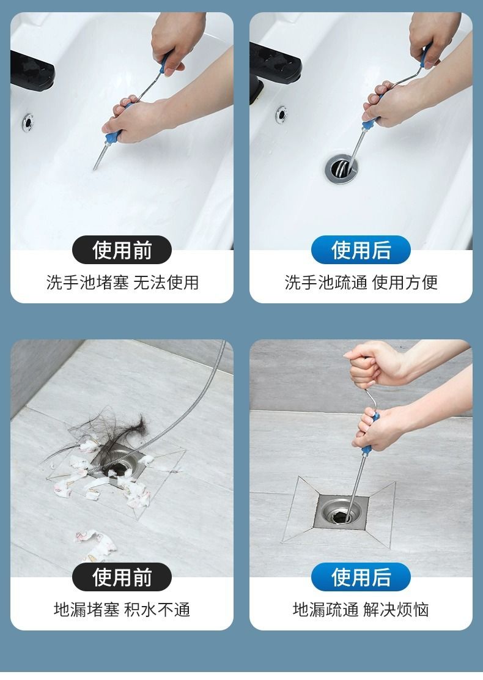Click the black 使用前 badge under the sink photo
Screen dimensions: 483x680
(x=122, y=249)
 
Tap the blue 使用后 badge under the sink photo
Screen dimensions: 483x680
(x=361, y=249)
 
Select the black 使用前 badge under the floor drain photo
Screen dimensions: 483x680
(x=122, y=577)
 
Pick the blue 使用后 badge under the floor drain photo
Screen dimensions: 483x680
(x=361, y=577)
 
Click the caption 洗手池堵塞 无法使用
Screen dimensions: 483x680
(x=122, y=283)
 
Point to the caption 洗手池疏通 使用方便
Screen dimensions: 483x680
(x=361, y=283)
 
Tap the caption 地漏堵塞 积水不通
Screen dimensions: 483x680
(x=122, y=609)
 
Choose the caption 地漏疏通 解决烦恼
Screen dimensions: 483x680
(x=361, y=609)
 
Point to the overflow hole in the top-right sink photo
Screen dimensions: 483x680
(x=282, y=114)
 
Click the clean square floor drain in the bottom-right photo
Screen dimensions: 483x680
(x=341, y=512)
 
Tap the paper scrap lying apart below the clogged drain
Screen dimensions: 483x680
(x=96, y=545)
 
